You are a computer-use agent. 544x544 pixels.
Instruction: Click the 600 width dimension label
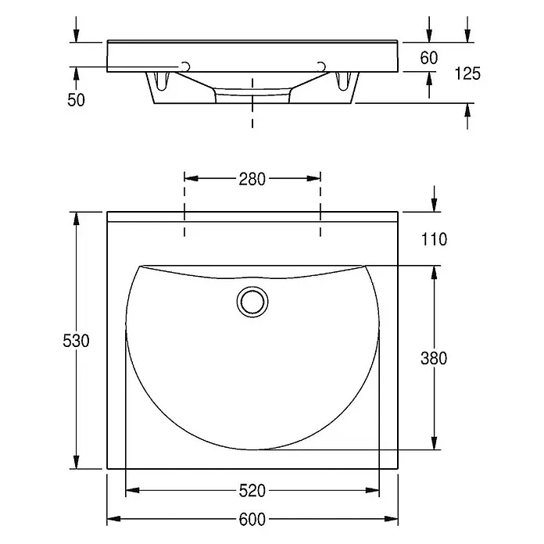(x=252, y=520)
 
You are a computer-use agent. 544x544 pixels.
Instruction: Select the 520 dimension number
(x=252, y=491)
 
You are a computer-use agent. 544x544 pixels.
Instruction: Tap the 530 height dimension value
(x=76, y=341)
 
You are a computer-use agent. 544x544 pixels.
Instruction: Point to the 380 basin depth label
(x=434, y=358)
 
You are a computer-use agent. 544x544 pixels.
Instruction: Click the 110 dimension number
(x=434, y=239)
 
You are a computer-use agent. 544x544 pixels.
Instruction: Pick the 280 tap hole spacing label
(x=252, y=179)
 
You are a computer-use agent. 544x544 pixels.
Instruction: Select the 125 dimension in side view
(x=467, y=73)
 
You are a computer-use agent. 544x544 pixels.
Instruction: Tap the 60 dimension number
(x=429, y=58)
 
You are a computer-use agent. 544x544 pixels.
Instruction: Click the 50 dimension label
(x=76, y=100)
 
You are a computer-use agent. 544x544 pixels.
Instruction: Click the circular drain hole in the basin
(x=252, y=302)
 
